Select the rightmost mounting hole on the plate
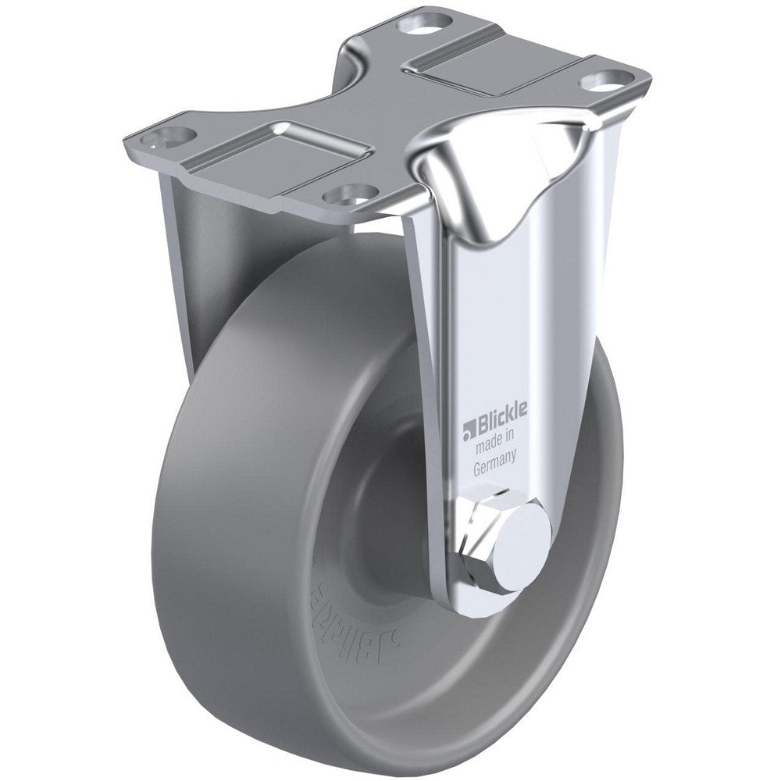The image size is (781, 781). tap(602, 79)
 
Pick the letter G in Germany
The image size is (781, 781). tap(478, 469)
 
